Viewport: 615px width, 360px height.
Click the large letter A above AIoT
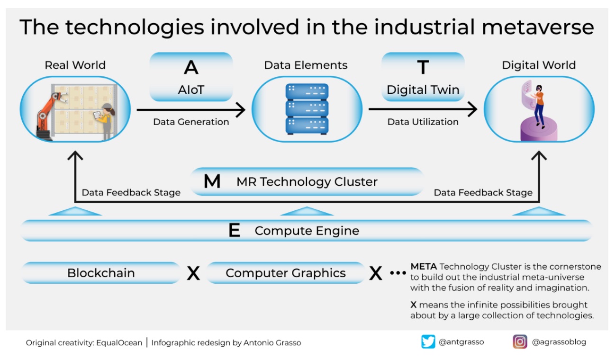(x=191, y=68)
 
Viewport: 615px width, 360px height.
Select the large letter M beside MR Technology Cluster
(x=212, y=181)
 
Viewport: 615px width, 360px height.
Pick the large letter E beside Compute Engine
(x=234, y=231)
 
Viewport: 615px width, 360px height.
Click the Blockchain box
(x=101, y=273)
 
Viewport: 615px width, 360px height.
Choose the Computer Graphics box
(x=286, y=273)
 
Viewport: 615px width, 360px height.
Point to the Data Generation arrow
(x=191, y=110)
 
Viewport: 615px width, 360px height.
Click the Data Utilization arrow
(x=423, y=110)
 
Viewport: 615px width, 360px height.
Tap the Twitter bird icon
(x=428, y=342)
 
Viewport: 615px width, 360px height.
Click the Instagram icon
(x=520, y=342)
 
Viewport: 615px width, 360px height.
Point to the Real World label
(x=75, y=65)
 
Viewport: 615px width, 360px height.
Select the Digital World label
(x=539, y=65)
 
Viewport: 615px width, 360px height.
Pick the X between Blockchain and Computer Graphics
(x=193, y=273)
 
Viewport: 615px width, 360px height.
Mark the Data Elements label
(x=306, y=65)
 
